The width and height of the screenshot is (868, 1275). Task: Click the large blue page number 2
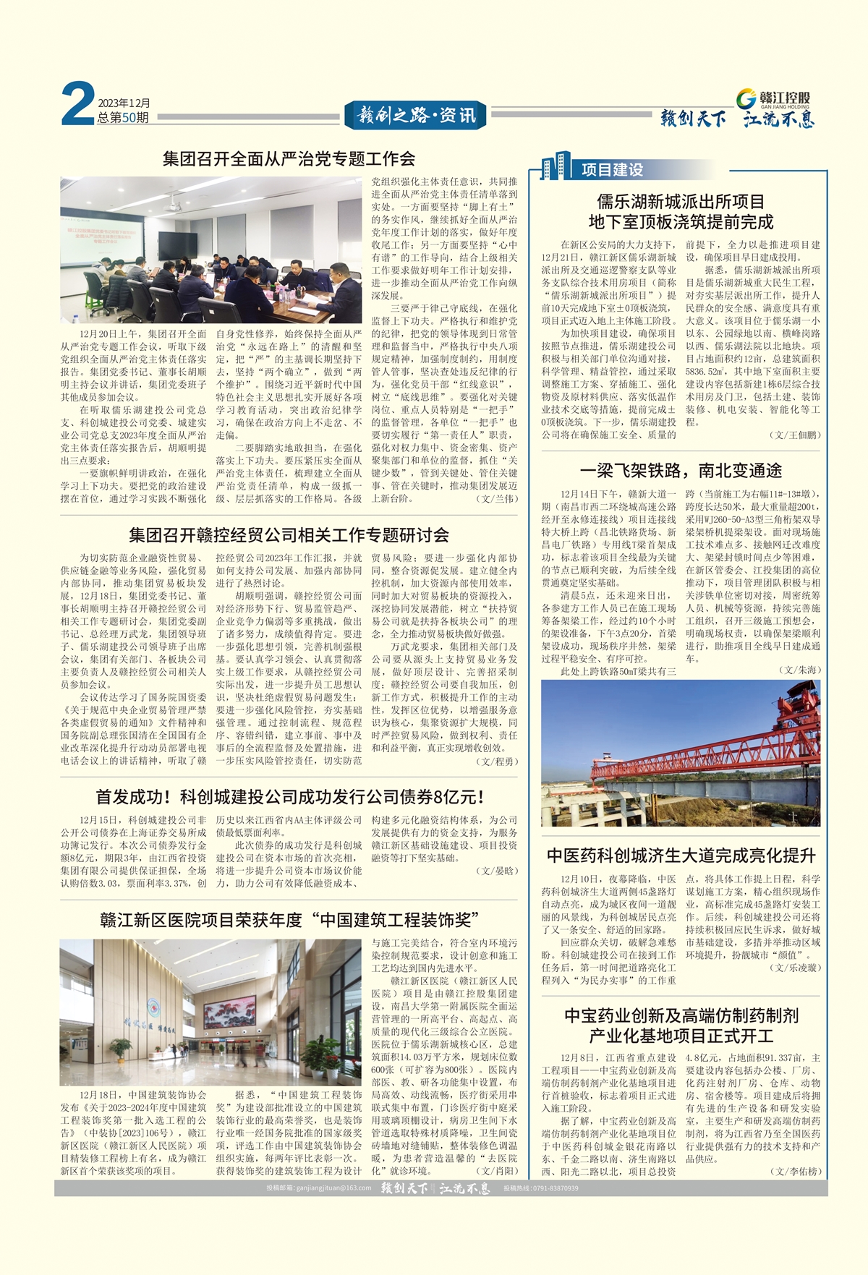(77, 104)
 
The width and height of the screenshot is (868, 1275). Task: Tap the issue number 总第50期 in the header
(124, 117)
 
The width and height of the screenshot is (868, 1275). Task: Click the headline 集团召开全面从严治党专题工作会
(289, 158)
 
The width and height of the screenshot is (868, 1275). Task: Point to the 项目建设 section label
(612, 169)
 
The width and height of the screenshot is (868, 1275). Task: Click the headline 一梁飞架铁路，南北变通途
(681, 471)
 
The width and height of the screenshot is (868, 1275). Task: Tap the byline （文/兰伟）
(497, 498)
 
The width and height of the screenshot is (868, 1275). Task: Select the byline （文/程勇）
(497, 762)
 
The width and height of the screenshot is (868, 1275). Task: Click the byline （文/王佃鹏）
(796, 435)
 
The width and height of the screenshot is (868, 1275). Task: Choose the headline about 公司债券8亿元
(289, 797)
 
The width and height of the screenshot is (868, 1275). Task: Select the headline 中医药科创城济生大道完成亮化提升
(681, 856)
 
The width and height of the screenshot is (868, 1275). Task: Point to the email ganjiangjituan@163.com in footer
(318, 1188)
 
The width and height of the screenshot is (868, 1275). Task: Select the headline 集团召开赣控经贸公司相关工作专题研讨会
(289, 535)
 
